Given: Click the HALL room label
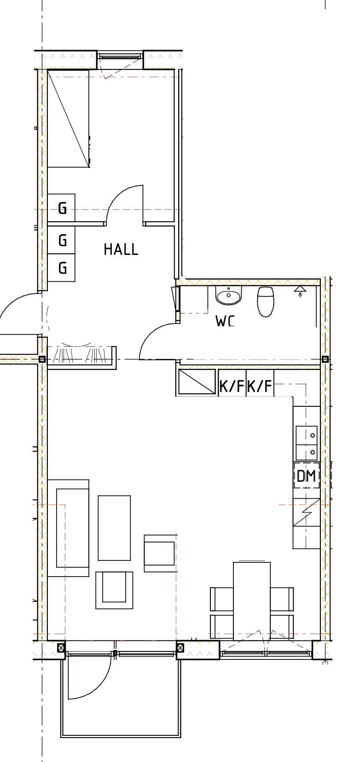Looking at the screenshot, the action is [121, 249].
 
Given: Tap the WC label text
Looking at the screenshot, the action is [225, 321].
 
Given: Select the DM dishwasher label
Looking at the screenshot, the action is [306, 476].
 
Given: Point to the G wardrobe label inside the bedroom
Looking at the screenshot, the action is [62, 208].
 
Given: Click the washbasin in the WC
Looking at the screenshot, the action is [229, 295].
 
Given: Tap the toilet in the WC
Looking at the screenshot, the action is [266, 301].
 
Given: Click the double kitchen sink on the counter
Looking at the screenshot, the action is [308, 444].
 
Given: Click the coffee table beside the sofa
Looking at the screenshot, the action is [114, 528].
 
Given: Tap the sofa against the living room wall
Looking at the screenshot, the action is [69, 528].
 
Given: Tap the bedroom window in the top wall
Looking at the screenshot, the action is [120, 57].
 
